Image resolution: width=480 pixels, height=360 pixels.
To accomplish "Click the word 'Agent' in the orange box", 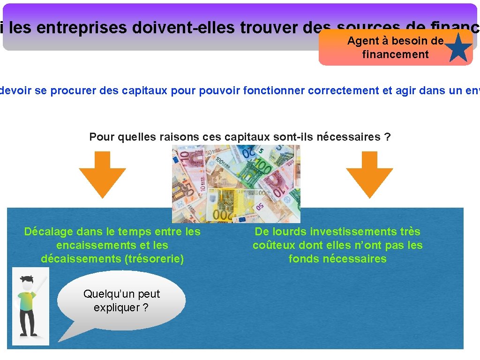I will click(364, 41).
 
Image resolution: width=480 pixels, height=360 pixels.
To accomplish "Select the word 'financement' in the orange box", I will click(395, 54).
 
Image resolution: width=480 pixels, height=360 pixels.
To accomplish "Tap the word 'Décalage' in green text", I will click(48, 232).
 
